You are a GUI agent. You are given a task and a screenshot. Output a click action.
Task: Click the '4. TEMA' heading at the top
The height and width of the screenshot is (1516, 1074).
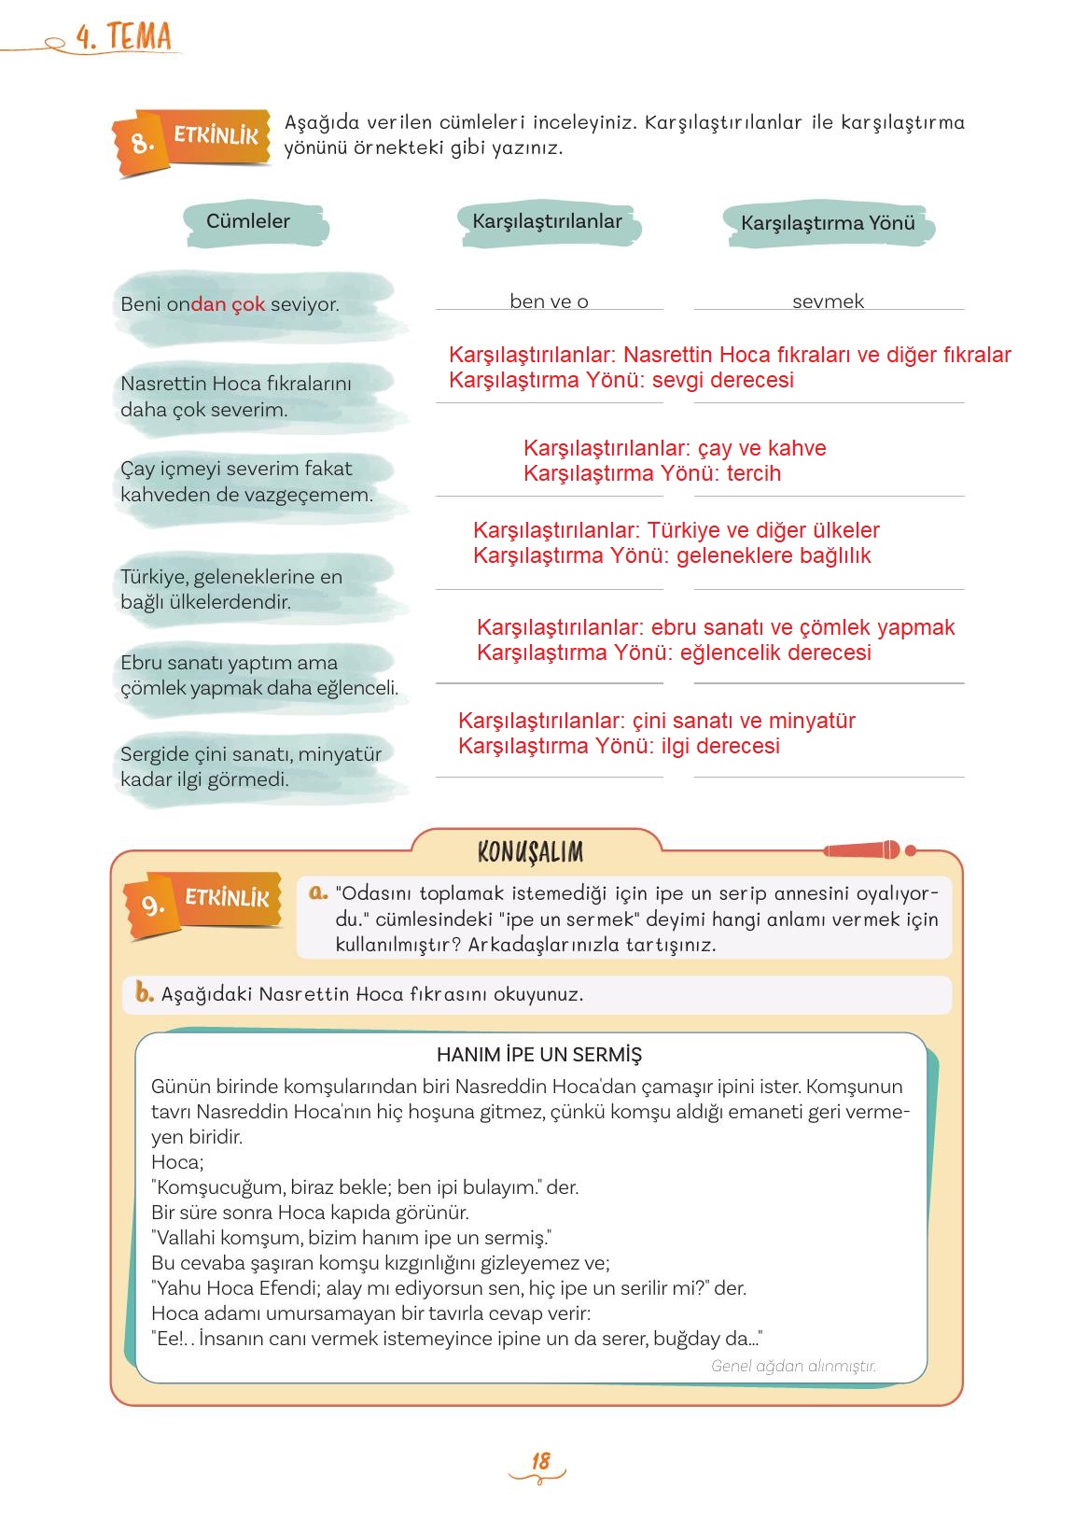[x=125, y=37]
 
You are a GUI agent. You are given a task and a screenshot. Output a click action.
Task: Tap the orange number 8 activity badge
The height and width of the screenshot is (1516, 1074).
[x=141, y=143]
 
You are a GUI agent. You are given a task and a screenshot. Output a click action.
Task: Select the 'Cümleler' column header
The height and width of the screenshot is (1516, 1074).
[x=248, y=222]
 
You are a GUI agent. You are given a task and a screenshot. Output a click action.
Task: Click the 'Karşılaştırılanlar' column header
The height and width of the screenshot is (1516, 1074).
[x=547, y=222]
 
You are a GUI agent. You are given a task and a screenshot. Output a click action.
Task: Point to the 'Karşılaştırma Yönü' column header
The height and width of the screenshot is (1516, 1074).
[x=828, y=224]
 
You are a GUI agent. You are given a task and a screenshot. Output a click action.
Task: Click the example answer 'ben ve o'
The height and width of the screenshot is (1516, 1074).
[x=549, y=302]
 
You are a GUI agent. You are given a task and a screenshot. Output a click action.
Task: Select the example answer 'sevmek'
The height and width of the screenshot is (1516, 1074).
[x=828, y=302]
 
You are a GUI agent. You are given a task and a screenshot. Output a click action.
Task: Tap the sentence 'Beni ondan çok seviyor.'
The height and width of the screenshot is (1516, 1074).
[x=230, y=304]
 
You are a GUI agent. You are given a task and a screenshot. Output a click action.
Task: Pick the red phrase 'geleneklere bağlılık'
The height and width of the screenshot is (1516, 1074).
[x=774, y=555]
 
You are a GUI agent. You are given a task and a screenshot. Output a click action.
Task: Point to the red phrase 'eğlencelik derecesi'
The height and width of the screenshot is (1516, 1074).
[x=775, y=653]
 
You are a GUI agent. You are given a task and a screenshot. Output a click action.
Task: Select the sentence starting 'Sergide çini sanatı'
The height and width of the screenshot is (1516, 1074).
[x=250, y=766]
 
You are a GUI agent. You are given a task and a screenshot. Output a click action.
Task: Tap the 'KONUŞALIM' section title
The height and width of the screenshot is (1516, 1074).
[x=530, y=852]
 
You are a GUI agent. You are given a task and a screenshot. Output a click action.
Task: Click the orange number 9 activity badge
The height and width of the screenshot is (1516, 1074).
[x=152, y=905]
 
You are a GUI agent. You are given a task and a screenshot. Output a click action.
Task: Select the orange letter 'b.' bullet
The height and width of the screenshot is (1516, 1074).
[x=144, y=992]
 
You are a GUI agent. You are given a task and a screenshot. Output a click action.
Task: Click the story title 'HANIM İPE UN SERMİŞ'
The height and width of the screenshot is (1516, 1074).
[x=539, y=1055]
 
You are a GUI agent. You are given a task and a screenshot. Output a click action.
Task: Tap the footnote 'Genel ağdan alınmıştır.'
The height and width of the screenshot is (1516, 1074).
[x=793, y=1366]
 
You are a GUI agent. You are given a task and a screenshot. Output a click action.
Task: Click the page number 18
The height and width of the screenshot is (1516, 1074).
[x=540, y=1462]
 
